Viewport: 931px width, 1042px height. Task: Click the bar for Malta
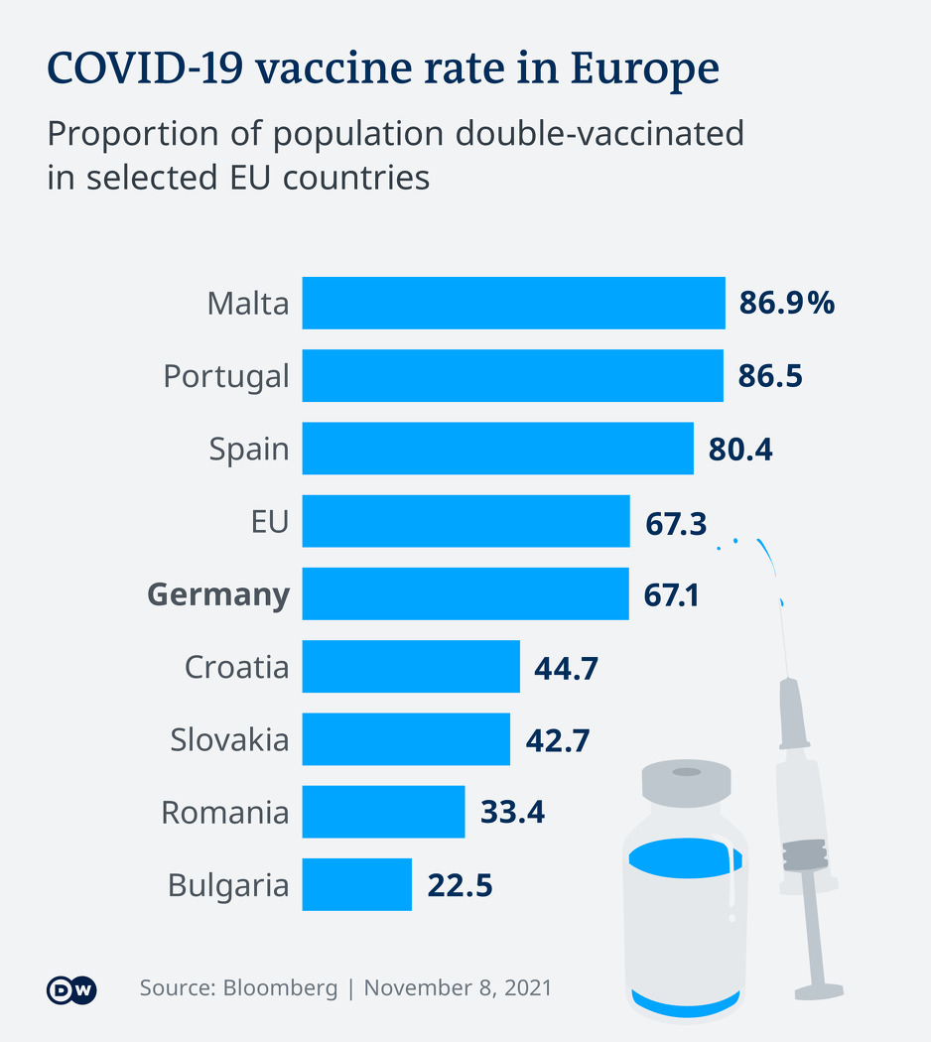(x=513, y=303)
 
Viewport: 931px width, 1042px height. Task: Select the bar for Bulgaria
(x=356, y=884)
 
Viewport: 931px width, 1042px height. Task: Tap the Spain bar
(x=497, y=449)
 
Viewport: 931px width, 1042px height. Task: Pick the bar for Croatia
(x=411, y=666)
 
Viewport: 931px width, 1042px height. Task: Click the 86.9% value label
(x=786, y=304)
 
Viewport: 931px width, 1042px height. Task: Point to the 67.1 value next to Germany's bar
(x=672, y=594)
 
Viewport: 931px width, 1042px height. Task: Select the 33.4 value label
(x=512, y=813)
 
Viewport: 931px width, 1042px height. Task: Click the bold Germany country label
(x=218, y=594)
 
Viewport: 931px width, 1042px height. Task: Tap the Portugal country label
(x=226, y=376)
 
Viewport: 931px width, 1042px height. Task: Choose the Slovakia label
(x=229, y=739)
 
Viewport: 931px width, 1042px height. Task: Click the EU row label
(x=269, y=521)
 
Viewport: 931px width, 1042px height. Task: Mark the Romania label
(x=225, y=813)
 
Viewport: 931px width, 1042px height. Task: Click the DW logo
(x=71, y=989)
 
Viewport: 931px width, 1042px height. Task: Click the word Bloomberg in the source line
(x=280, y=988)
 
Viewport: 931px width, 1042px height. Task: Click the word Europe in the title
(x=644, y=69)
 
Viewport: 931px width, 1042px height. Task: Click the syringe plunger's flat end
(x=819, y=990)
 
